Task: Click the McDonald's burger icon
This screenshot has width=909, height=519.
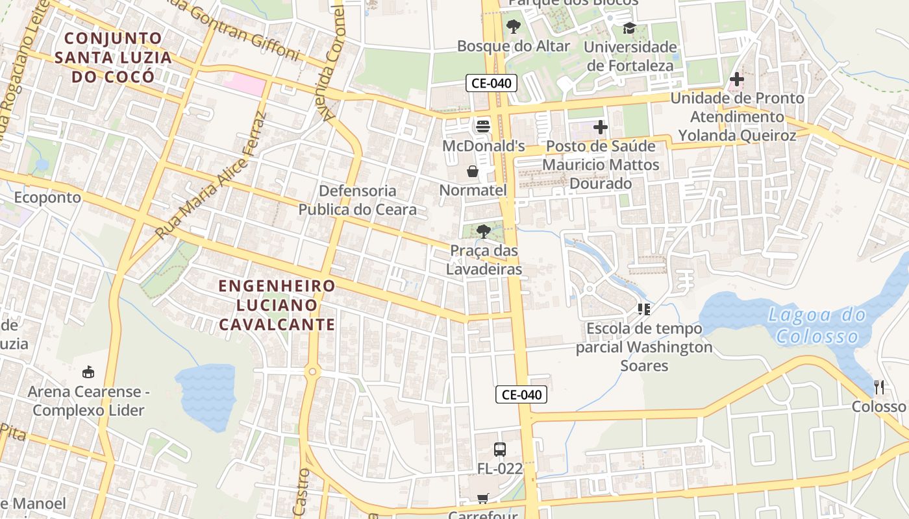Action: click(482, 126)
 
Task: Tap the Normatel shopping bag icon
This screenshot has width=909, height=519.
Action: click(473, 171)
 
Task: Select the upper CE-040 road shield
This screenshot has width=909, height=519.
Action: click(491, 83)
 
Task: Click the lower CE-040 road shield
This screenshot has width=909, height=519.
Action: click(521, 394)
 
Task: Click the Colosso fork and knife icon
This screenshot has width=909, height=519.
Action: click(879, 387)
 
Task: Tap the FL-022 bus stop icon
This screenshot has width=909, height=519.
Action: click(500, 449)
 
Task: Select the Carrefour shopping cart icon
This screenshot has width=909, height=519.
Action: click(482, 498)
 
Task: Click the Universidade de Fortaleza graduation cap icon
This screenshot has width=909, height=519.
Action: click(629, 28)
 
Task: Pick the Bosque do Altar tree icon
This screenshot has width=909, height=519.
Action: click(514, 27)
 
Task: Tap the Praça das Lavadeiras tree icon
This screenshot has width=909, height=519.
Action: click(483, 231)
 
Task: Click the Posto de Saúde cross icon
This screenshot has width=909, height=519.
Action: click(601, 127)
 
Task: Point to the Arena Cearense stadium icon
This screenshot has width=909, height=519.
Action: click(88, 372)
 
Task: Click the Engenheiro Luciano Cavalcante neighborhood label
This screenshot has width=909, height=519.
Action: click(277, 305)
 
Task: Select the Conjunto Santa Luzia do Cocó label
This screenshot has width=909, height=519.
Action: click(114, 57)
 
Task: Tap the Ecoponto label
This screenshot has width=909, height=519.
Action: click(47, 197)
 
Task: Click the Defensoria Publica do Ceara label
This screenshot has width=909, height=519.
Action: click(357, 200)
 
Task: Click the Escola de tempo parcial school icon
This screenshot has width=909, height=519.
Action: click(643, 309)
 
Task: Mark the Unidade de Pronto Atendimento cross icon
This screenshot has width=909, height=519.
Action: click(736, 80)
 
